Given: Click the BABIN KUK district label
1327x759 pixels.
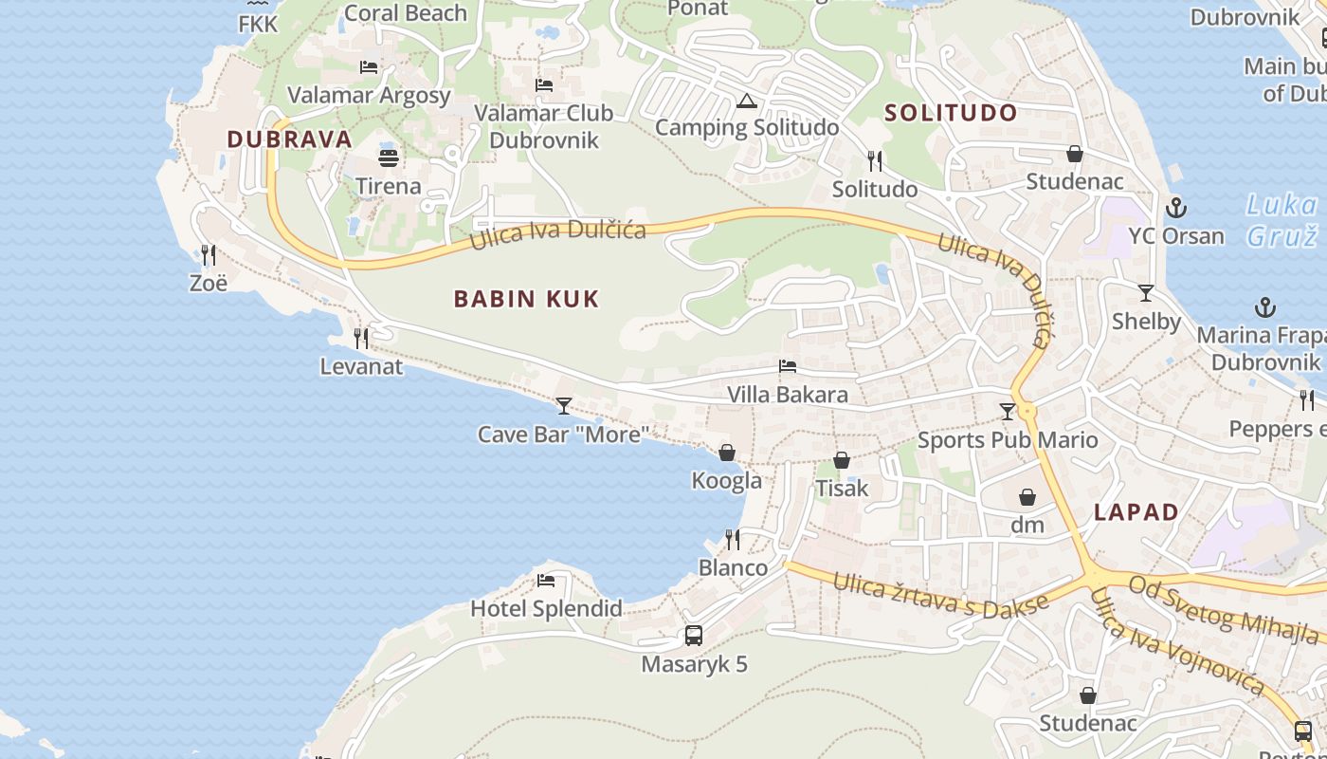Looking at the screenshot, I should click(526, 299).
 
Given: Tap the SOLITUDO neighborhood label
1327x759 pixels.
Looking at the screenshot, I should click(951, 113).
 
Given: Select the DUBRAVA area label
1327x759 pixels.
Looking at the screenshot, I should click(289, 139).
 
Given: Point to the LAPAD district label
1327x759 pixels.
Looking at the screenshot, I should click(1136, 512).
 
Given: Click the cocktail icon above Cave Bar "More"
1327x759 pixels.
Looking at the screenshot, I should click(564, 406).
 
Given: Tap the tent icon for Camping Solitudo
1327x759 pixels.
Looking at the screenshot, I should click(747, 101).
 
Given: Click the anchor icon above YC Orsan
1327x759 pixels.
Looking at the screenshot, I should click(1176, 207).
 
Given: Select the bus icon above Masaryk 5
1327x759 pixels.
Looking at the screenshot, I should click(694, 636).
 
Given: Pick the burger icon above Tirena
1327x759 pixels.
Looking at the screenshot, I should click(389, 157).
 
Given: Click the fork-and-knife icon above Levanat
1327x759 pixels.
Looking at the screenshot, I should click(361, 338).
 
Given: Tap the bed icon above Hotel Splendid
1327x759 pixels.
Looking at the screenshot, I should click(546, 580).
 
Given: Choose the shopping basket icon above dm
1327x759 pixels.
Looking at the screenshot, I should click(1027, 497).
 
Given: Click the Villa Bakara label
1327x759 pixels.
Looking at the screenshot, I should click(787, 394).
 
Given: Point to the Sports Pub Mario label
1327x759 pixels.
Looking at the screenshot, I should click(1008, 440).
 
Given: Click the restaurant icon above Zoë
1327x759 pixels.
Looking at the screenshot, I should click(209, 254).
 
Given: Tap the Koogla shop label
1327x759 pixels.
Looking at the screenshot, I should click(727, 480).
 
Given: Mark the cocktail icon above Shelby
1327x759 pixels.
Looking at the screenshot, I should click(1146, 293).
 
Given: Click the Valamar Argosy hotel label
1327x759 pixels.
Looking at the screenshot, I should click(369, 95).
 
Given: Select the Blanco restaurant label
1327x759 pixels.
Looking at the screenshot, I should click(733, 567).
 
